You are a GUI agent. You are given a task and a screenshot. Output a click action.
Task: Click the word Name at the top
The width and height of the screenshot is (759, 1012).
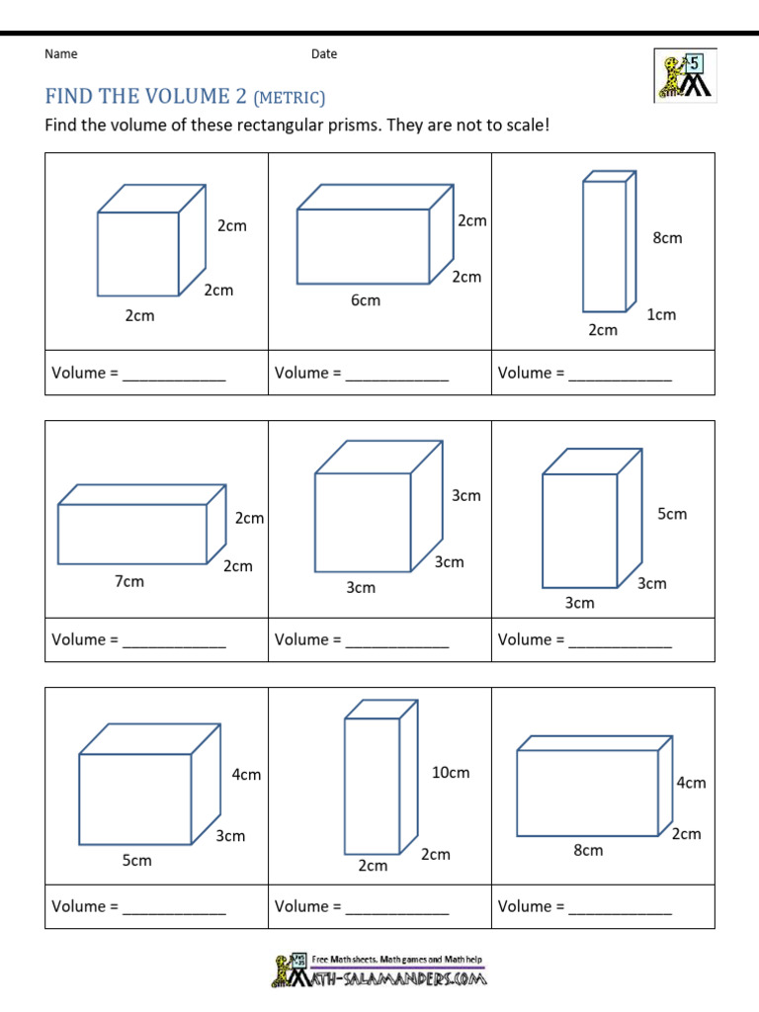click(60, 54)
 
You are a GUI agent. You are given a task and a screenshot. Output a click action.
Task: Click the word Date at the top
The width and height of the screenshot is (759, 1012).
click(324, 54)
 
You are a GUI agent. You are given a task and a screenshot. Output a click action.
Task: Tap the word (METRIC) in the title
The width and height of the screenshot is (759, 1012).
click(290, 97)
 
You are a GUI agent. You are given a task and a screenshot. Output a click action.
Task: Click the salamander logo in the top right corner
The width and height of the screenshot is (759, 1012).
click(684, 76)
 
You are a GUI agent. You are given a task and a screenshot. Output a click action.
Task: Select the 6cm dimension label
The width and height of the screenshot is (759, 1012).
click(365, 300)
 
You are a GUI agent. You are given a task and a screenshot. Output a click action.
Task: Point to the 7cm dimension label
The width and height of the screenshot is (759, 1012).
click(129, 582)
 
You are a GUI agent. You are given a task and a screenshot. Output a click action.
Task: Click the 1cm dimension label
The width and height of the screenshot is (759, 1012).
click(661, 315)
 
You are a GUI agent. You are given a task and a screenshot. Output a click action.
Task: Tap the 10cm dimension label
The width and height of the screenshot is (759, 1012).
click(451, 773)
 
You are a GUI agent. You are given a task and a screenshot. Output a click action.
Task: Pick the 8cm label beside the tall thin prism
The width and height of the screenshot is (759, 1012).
click(667, 238)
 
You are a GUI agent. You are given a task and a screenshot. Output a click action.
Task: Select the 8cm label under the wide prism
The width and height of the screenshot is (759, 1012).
click(588, 850)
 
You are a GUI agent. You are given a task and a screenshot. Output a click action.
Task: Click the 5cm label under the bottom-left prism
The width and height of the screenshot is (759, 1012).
click(137, 861)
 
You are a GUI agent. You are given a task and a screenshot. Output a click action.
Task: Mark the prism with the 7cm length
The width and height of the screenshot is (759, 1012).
click(139, 526)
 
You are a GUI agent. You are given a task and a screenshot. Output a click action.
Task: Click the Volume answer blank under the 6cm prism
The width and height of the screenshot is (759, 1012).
click(396, 375)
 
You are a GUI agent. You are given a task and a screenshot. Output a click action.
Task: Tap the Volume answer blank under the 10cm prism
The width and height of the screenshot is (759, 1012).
click(396, 908)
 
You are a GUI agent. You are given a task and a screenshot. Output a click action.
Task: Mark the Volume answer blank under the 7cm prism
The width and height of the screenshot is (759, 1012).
click(174, 641)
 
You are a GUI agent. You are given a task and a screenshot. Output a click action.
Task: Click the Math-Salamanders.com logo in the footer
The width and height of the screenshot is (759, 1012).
click(379, 971)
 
